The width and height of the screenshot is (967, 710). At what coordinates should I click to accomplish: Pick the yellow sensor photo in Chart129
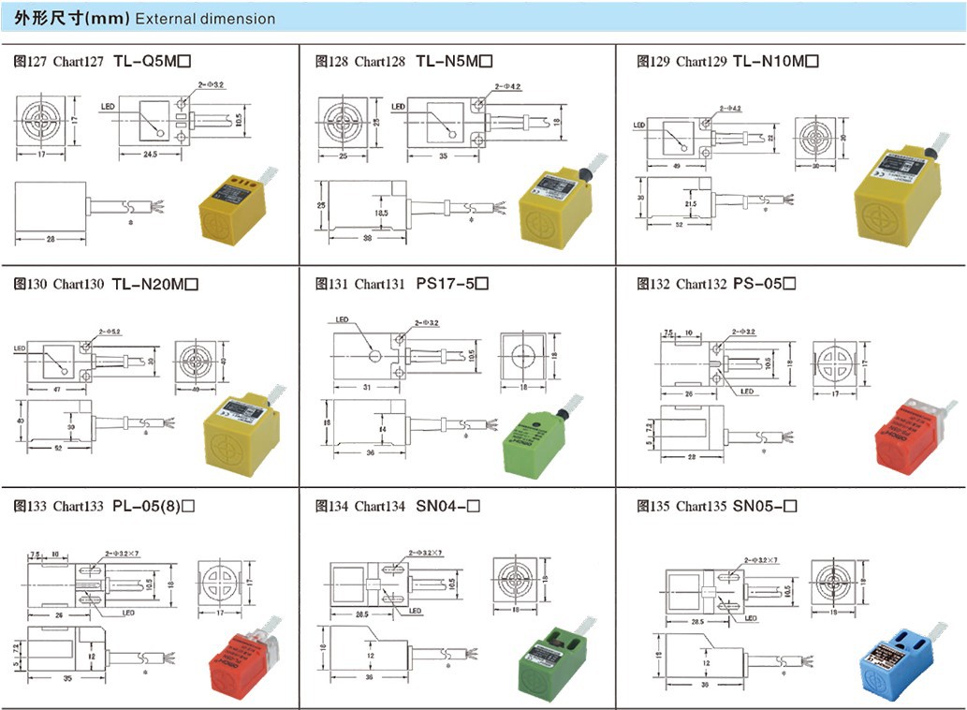pos(900,197)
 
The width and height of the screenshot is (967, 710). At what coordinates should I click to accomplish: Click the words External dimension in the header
pos(205,19)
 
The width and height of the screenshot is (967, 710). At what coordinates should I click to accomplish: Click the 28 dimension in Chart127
pos(50,240)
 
